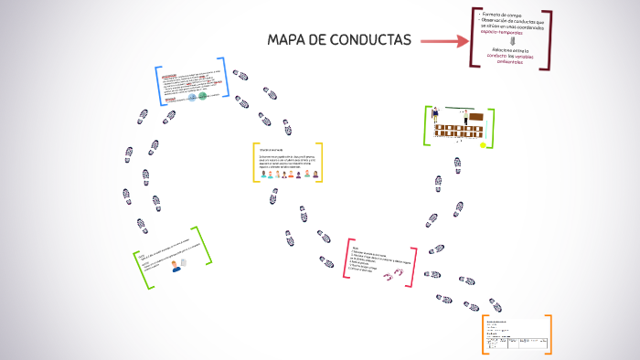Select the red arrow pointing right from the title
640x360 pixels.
443,41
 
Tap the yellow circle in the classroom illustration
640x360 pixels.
483,144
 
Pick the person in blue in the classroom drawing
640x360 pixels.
435,115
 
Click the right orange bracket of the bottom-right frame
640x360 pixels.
549,334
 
